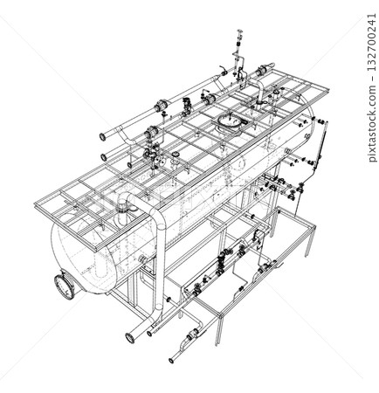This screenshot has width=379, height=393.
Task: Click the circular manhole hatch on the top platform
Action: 229,121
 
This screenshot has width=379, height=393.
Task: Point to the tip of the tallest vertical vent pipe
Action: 238,34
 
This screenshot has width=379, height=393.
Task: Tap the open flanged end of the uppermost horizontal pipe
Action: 104,135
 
